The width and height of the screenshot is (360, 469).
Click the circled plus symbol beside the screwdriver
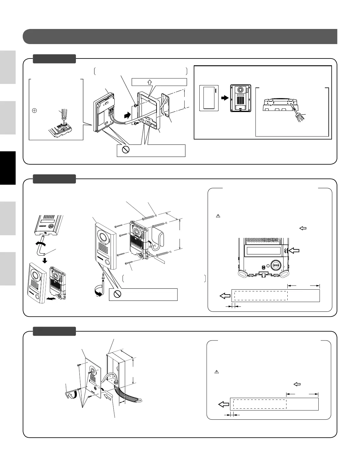pyautogui.click(x=34, y=111)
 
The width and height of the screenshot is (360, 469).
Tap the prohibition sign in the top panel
pyautogui.click(x=126, y=150)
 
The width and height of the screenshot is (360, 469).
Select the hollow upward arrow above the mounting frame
pyautogui.click(x=149, y=82)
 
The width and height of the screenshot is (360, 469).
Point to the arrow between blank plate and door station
pyautogui.click(x=225, y=98)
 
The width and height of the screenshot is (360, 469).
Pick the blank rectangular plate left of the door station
pyautogui.click(x=209, y=98)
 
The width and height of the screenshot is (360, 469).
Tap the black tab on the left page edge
pyautogui.click(x=8, y=168)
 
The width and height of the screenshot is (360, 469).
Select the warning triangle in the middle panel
pyautogui.click(x=218, y=216)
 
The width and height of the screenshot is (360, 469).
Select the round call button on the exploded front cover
pyautogui.click(x=107, y=262)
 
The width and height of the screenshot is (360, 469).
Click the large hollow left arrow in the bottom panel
pyautogui.click(x=224, y=405)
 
